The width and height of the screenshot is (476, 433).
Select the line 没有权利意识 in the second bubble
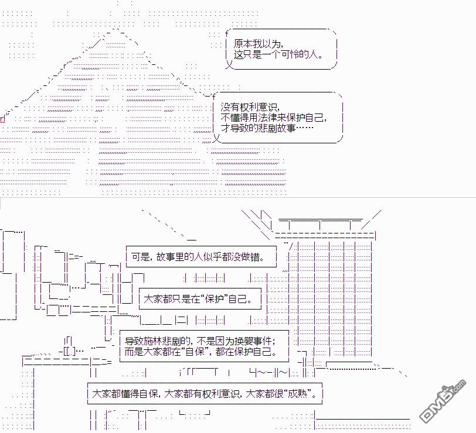(249, 107)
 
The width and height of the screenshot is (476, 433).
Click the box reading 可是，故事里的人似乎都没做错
(201, 257)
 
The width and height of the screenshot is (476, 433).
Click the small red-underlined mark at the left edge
(3, 119)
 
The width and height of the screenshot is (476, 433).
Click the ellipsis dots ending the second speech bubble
(304, 128)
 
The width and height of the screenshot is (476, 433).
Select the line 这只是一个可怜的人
(278, 54)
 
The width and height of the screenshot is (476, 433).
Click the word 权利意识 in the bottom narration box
(220, 394)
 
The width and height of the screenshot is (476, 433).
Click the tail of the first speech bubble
(229, 64)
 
